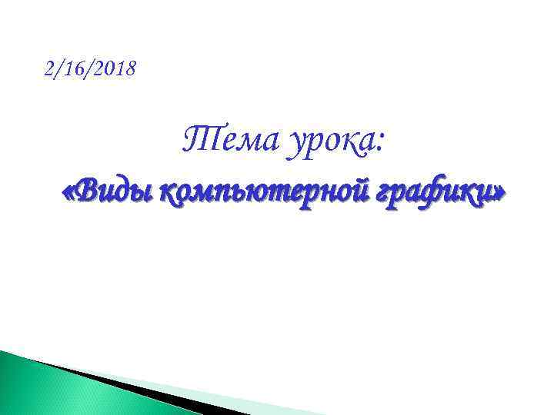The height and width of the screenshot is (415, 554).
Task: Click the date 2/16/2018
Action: coord(90,70)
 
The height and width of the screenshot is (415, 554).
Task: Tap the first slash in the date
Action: coord(58,70)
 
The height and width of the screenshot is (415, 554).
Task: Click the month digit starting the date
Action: coord(49,70)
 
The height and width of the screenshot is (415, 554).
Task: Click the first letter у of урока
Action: coord(295,146)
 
